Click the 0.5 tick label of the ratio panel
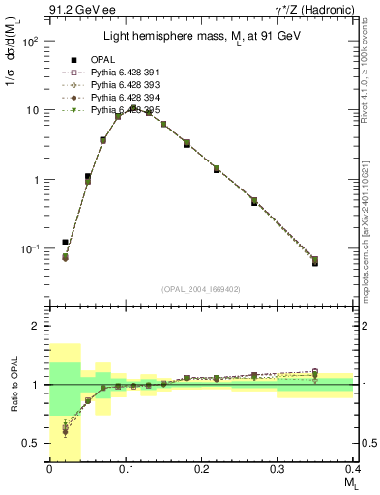click(32, 443)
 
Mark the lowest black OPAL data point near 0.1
click(65, 242)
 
